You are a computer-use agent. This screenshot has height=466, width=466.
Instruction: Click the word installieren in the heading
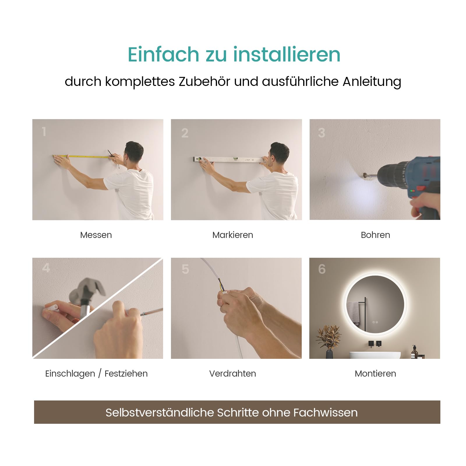tap(286, 54)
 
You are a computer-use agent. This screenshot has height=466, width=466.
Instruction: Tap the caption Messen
tap(96, 235)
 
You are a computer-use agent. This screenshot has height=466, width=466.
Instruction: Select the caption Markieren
tap(233, 235)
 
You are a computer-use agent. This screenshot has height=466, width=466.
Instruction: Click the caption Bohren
tap(375, 235)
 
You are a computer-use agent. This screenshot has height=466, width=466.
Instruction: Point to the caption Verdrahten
tap(233, 374)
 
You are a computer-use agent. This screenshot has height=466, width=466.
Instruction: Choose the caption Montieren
tap(375, 374)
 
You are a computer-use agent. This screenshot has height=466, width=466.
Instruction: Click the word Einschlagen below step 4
tap(70, 374)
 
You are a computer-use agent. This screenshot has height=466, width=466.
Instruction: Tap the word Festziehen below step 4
tap(126, 374)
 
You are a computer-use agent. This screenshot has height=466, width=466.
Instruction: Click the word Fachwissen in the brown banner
tap(325, 413)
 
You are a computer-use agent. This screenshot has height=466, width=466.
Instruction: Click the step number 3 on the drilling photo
tap(322, 133)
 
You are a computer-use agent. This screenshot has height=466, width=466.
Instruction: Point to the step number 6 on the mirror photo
tap(322, 269)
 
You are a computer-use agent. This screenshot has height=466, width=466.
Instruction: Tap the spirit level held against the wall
tap(229, 159)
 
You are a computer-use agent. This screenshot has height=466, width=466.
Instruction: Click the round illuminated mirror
tap(375, 304)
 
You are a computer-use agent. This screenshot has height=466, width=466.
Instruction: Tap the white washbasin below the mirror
tap(375, 355)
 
